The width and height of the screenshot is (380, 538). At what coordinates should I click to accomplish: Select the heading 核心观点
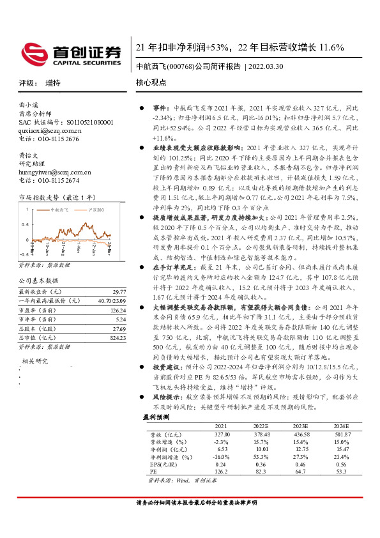[x=151, y=83]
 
